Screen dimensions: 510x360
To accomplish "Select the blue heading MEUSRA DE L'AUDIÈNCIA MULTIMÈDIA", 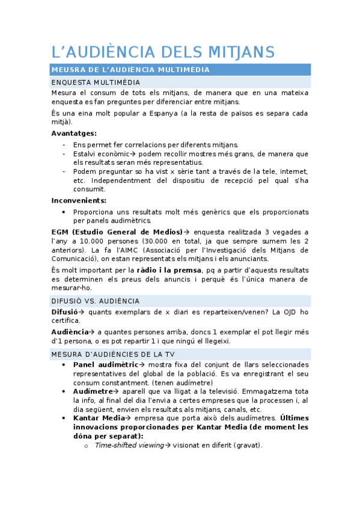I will pyautogui.click(x=130, y=70).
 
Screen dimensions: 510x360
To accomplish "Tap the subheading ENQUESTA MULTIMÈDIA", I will pyautogui.click(x=96, y=82).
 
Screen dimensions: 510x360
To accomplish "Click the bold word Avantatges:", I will pyautogui.click(x=74, y=133).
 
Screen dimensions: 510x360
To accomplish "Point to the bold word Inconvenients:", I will pyautogui.click(x=79, y=200).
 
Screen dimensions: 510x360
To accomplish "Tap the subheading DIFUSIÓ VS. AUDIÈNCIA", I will pyautogui.click(x=96, y=301).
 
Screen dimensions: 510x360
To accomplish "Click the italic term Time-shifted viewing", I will pyautogui.click(x=129, y=445).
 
